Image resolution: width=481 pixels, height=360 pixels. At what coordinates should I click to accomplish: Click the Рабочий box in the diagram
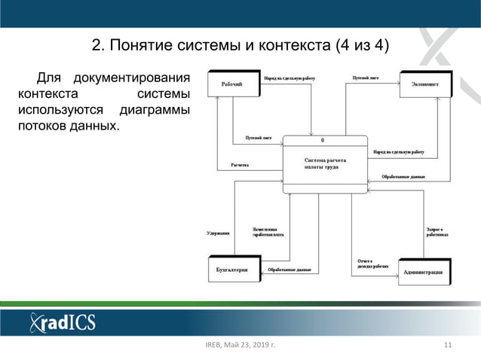point(232,84)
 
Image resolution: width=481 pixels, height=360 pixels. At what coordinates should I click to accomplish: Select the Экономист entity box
point(424,84)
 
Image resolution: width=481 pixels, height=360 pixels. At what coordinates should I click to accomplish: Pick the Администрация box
point(427,271)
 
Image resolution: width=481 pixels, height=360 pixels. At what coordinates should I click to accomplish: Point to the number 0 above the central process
point(323,141)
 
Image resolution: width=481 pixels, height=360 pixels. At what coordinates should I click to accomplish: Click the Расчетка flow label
point(240,165)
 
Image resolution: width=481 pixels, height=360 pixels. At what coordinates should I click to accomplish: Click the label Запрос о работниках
point(437,232)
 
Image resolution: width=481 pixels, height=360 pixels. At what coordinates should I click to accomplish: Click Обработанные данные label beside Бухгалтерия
point(290,270)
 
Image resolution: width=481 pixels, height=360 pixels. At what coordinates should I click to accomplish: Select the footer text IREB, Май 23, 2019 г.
point(240,346)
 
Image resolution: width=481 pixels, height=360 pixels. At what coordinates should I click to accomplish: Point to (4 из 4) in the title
point(362,47)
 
